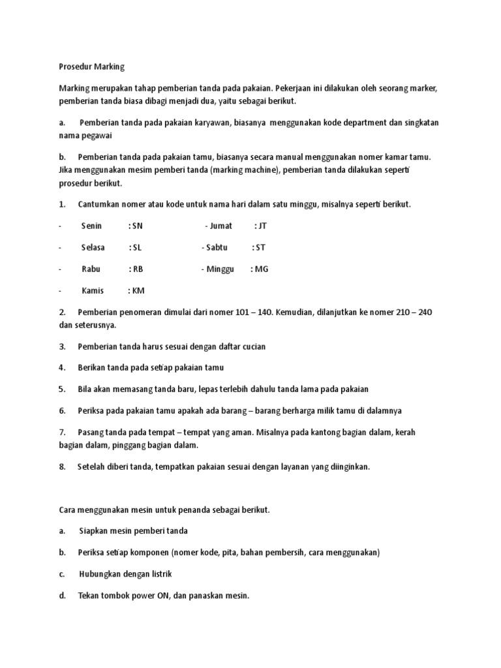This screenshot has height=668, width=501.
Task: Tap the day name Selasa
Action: click(x=93, y=248)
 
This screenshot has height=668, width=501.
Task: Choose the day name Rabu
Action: click(x=91, y=269)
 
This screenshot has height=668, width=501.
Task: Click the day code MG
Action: click(x=261, y=269)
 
